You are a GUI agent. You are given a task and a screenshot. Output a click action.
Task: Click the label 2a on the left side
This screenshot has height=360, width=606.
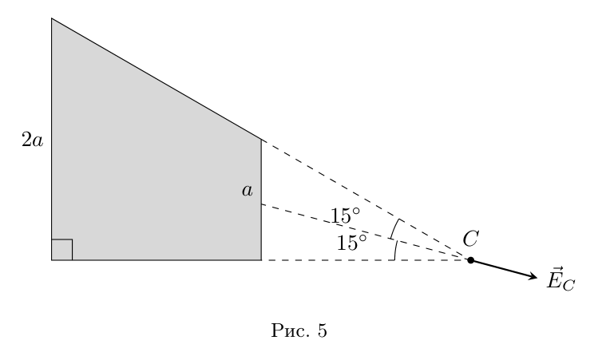coord(33,140)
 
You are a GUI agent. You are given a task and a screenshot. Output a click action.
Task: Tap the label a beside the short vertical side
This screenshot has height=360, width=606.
coord(248,191)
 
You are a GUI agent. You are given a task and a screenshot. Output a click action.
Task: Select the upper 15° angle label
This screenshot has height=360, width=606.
coord(345,216)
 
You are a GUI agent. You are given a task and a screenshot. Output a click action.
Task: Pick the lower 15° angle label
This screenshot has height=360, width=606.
coord(351,243)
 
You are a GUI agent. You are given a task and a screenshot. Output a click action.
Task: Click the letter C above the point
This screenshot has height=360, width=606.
coord(471,239)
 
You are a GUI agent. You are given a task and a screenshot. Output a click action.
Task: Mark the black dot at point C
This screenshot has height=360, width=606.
coord(470,260)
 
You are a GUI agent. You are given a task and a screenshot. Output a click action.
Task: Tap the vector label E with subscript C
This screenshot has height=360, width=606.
coord(560,279)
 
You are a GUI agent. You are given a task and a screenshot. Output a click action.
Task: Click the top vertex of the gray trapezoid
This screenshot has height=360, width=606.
coord(52,18)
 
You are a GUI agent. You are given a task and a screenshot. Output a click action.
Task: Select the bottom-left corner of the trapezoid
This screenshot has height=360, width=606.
coord(52,260)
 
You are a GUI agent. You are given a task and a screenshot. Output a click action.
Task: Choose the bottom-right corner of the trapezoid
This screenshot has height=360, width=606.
coord(261,260)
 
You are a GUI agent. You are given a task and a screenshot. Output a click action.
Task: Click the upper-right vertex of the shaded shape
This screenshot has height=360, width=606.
coord(261,140)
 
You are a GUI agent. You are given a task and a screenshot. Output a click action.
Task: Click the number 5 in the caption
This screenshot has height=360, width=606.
coord(323,331)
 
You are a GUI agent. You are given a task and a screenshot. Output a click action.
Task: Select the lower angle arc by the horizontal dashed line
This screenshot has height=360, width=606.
coord(395,251)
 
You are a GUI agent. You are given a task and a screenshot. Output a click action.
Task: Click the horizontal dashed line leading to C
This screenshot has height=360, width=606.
coord(366,260)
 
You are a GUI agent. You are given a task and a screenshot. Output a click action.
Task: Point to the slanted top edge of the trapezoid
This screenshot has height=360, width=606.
coord(156,79)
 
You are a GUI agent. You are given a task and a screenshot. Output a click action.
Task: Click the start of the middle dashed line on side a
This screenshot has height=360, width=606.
coord(261,204)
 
